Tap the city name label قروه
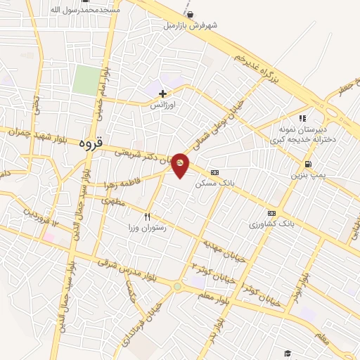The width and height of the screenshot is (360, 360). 91,143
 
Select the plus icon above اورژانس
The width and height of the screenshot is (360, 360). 162,93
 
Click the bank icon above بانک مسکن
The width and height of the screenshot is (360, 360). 214,172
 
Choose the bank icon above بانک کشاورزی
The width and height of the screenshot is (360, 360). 271,213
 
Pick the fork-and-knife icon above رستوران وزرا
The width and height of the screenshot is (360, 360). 147,217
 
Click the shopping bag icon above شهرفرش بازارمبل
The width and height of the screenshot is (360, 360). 190,14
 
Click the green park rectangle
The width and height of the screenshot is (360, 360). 85,80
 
